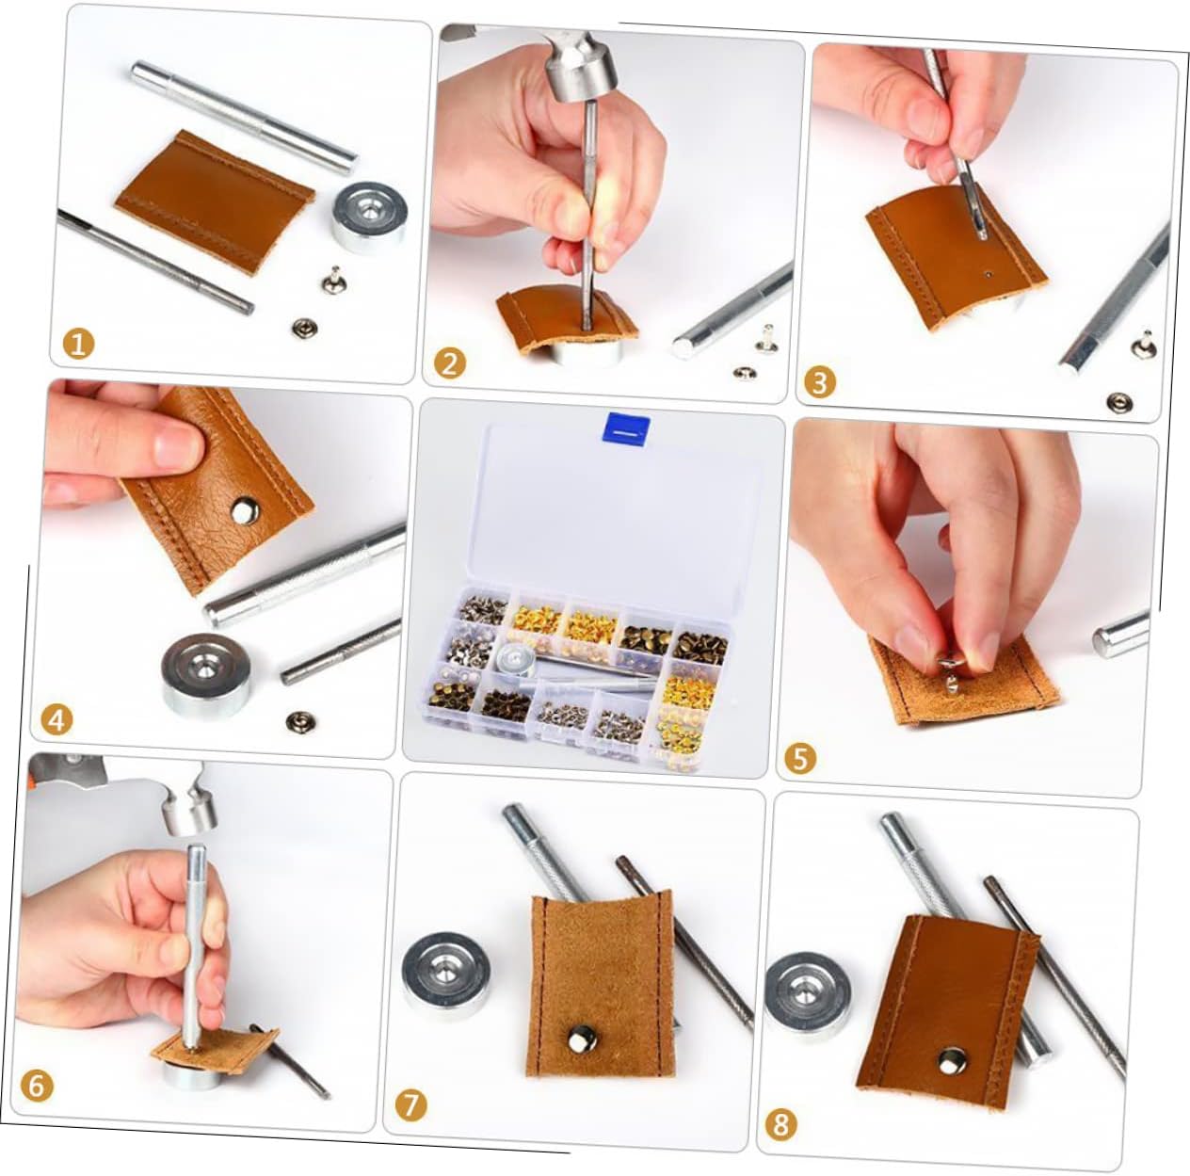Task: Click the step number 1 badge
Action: pos(78,344)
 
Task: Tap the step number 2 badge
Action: pos(450,363)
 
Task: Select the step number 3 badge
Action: pos(819,382)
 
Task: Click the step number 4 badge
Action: pos(56,720)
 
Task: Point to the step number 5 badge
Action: pos(800,758)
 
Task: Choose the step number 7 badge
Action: pos(411,1104)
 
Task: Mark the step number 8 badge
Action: pos(781,1124)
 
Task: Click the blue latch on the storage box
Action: pos(625,430)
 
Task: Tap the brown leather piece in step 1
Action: pos(215,202)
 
